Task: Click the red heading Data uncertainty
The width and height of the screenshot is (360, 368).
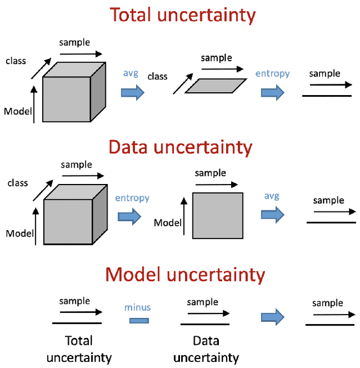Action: coord(180,147)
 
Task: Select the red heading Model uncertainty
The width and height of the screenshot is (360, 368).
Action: coord(185,275)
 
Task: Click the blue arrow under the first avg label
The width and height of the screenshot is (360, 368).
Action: coord(133,92)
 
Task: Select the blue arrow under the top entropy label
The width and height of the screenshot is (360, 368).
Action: coord(272,93)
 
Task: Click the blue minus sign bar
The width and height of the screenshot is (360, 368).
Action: coord(138,321)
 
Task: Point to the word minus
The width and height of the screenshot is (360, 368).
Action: coord(138,307)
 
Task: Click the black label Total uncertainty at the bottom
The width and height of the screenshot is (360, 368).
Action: coord(79,349)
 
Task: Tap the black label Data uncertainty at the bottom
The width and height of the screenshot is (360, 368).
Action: coord(206,349)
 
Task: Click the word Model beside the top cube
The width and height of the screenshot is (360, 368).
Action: coord(18,111)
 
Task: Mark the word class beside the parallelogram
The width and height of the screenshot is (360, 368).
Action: coord(157,76)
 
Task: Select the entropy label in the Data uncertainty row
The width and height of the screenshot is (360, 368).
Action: coord(132,198)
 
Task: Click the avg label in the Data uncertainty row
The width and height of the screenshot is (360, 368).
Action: coord(272,196)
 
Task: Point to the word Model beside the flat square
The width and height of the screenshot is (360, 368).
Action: coord(168,222)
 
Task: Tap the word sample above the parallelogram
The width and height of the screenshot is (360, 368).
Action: coord(217,58)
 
